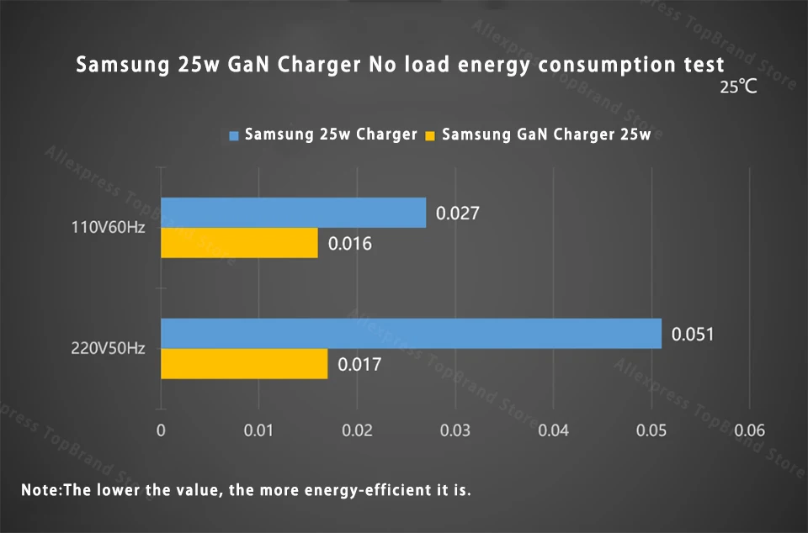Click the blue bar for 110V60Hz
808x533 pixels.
coord(293,213)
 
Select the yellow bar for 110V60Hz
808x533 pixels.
coord(239,243)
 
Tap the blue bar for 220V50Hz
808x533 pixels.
coord(411,334)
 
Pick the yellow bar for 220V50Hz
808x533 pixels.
coord(244,364)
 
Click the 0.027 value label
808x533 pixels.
coord(457,214)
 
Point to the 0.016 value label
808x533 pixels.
coord(349,244)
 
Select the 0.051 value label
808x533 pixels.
coord(693,335)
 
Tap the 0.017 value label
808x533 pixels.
coord(359,365)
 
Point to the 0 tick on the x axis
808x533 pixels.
coord(161,431)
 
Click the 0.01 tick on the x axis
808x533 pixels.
coord(259,431)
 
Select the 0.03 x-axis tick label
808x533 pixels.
coord(455,431)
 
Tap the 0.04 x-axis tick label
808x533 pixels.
coord(553,431)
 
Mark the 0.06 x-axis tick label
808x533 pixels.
coord(750,431)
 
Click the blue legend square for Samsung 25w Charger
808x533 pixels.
coord(235,135)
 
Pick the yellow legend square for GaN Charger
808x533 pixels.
coord(432,135)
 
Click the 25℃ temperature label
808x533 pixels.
coord(738,87)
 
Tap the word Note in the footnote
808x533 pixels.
coord(39,489)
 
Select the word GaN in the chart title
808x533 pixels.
coord(250,66)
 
